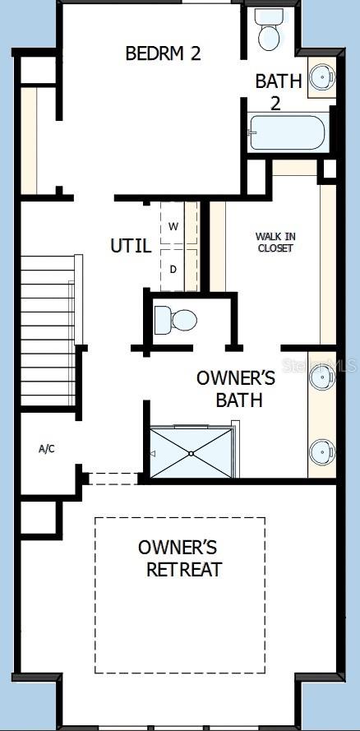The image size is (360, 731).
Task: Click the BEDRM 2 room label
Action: coord(163,53)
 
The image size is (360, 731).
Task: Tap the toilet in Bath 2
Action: coord(267,29)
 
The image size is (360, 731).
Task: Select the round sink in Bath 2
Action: coord(322,77)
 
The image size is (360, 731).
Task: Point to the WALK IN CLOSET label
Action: coord(276,243)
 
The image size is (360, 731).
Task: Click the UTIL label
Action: coord(131,246)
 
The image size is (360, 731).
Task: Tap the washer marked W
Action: coord(173,227)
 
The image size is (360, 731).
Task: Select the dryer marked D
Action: coord(173,270)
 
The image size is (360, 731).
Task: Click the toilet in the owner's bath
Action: coord(176,321)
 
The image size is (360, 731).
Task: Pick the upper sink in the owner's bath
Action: coord(322,377)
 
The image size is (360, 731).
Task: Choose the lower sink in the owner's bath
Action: coord(322,452)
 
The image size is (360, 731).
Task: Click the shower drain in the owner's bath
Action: coord(191,453)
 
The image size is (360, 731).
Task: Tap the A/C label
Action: coord(47,449)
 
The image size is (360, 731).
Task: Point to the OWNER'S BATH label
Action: coord(236,389)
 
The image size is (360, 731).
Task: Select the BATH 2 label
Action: coord(279,91)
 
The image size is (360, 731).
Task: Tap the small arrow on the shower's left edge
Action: coord(153,453)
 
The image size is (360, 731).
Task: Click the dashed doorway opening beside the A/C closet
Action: coord(113,479)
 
